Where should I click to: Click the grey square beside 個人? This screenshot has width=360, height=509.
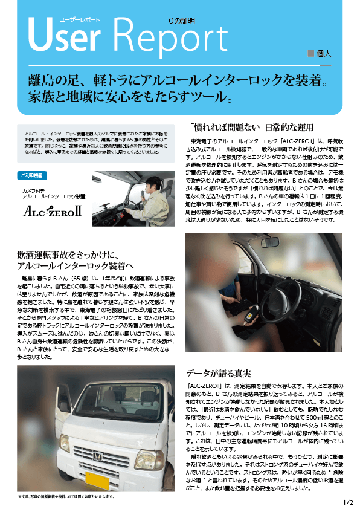pyautogui.click(x=310, y=53)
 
